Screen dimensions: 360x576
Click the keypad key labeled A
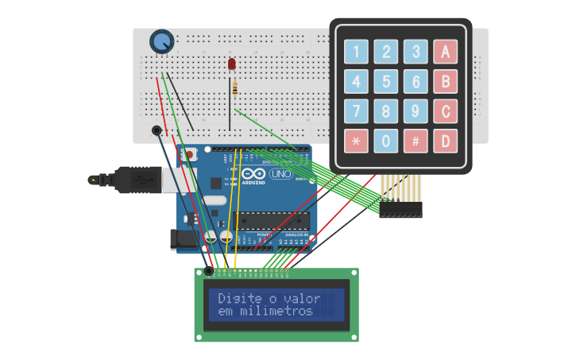click(x=445, y=52)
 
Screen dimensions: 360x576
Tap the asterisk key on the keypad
click(x=356, y=141)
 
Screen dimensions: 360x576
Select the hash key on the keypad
click(x=415, y=141)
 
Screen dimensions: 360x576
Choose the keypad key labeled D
click(x=445, y=141)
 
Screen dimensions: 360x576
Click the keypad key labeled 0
click(x=385, y=141)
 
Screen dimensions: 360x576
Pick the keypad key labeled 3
click(x=415, y=52)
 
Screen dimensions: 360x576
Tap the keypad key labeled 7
click(x=356, y=112)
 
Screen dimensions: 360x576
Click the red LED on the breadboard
click(x=231, y=64)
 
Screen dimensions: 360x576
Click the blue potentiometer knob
click(x=162, y=41)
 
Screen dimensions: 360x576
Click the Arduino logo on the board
click(x=253, y=175)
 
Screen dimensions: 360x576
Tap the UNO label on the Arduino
click(x=280, y=174)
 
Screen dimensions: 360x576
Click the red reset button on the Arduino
click(x=189, y=155)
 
